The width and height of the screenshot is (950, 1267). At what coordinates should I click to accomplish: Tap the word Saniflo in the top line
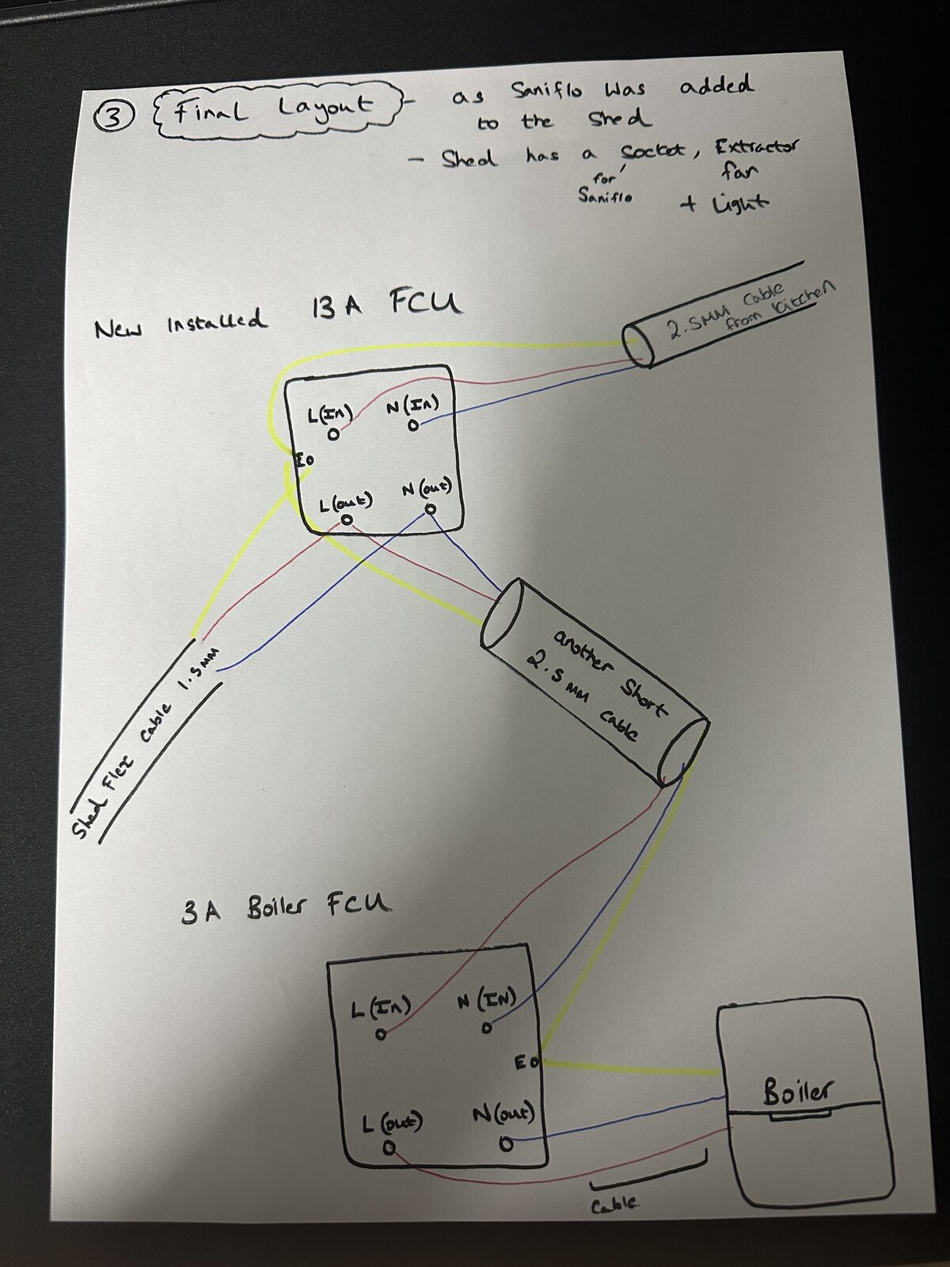click(x=546, y=90)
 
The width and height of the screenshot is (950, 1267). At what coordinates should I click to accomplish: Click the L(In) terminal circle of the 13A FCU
click(x=332, y=436)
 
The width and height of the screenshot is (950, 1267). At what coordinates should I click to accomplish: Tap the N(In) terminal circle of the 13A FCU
click(x=413, y=425)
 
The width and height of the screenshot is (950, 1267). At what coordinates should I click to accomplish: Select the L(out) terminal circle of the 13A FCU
click(x=347, y=520)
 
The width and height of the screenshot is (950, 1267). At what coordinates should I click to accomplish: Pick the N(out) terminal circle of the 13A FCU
click(x=430, y=509)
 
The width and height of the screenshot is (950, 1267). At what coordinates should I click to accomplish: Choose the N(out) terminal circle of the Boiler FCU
click(x=506, y=1143)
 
